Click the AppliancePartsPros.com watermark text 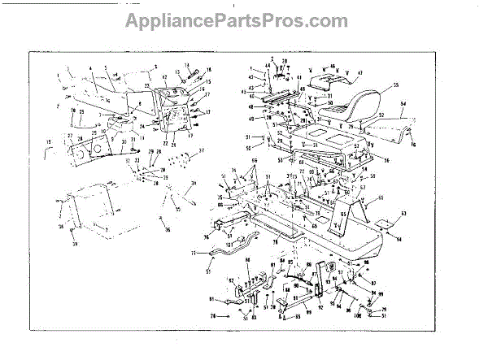click(236, 21)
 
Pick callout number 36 click(168, 232)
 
